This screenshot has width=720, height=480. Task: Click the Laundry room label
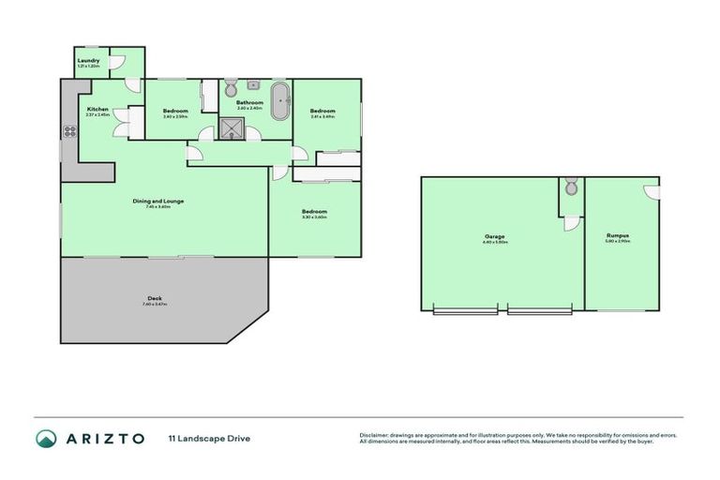[89, 62]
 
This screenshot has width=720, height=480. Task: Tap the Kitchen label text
[97, 110]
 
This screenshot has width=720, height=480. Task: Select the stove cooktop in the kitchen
[68, 130]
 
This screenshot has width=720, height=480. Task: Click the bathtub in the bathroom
[278, 102]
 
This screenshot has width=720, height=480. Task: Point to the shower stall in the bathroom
[231, 128]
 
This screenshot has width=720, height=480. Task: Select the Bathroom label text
[249, 102]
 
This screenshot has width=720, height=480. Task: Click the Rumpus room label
[617, 235]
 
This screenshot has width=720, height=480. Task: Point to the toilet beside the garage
[571, 187]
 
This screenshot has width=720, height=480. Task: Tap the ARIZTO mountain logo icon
[46, 438]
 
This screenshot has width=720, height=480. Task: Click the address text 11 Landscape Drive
[209, 438]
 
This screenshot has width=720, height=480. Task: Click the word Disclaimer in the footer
[377, 435]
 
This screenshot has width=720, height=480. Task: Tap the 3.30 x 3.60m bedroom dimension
[314, 217]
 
